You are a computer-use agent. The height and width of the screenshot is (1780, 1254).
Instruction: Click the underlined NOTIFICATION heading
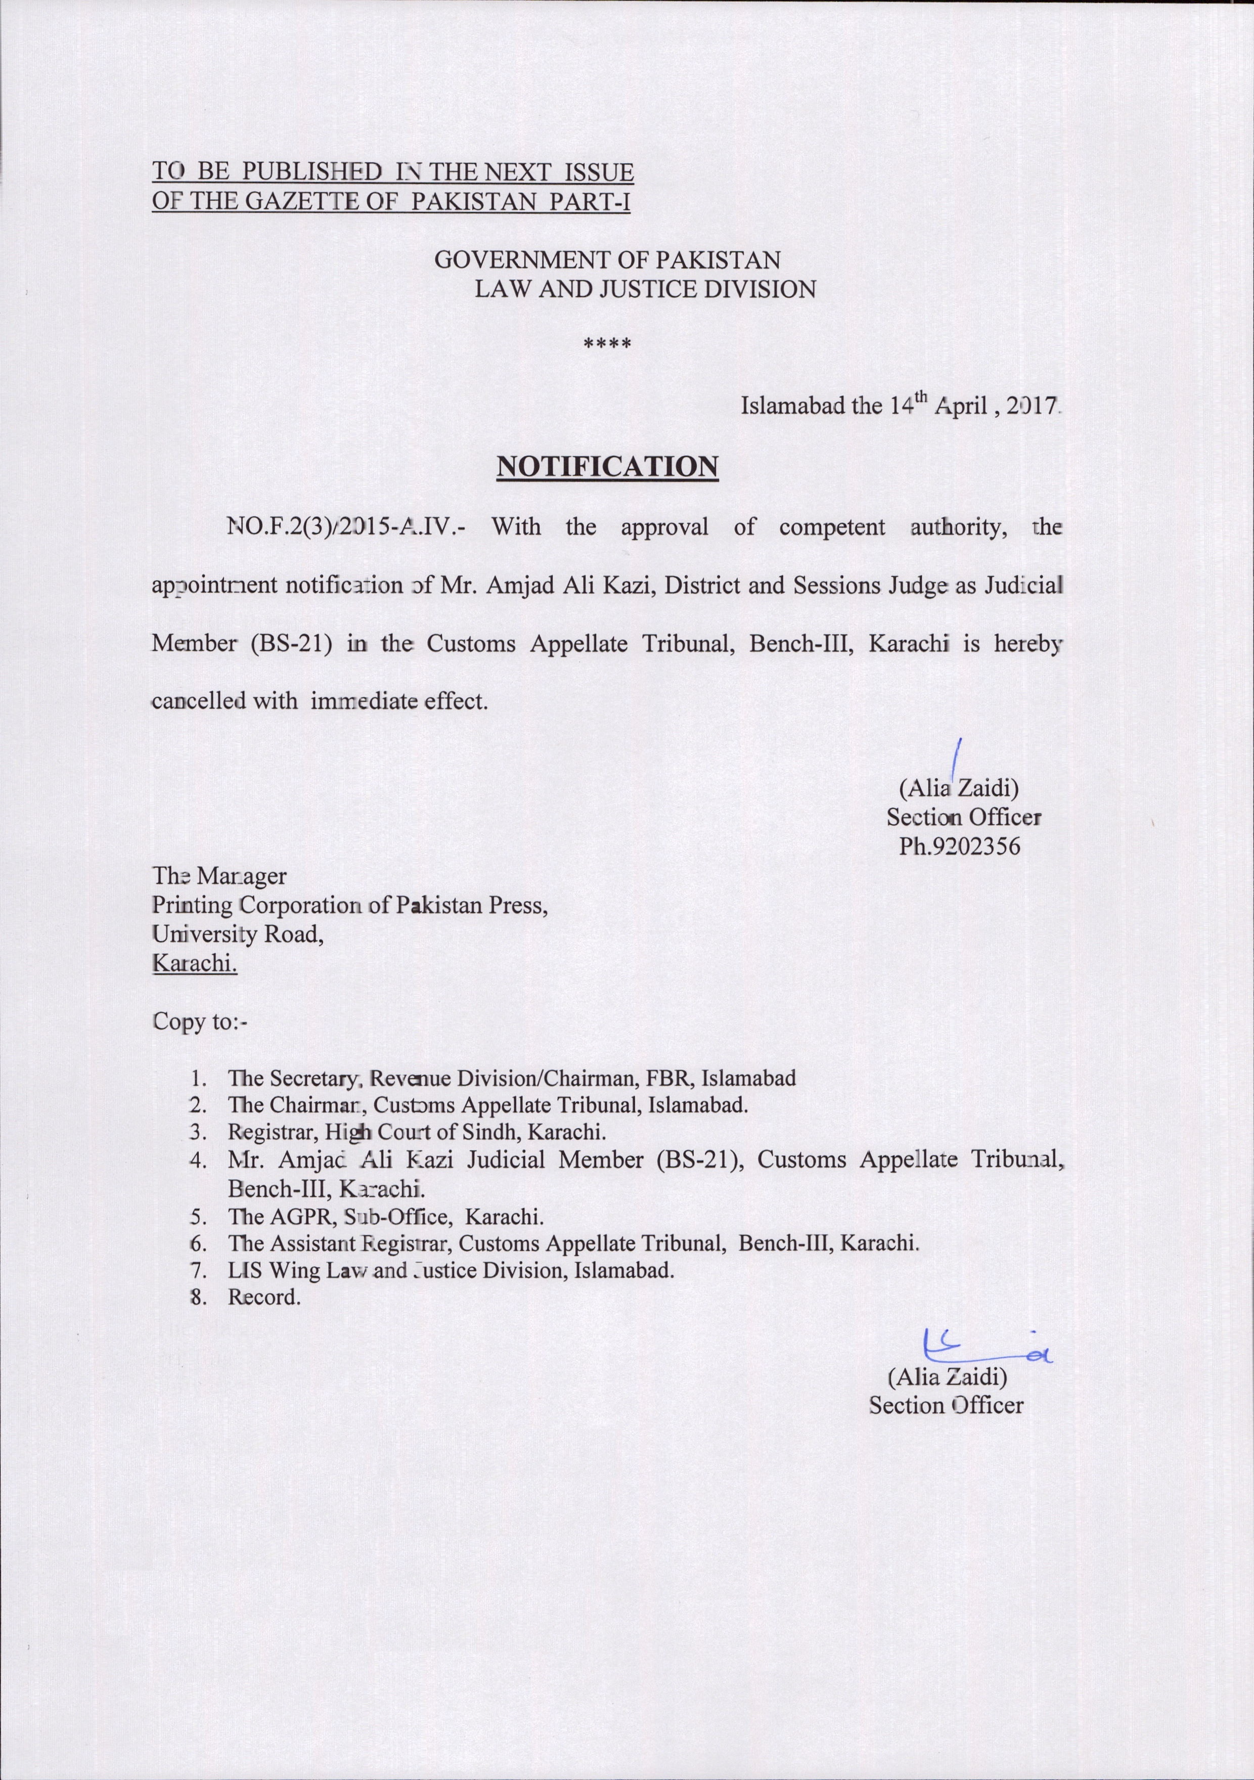click(607, 467)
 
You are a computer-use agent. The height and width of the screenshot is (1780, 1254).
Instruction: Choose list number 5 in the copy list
click(198, 1216)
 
